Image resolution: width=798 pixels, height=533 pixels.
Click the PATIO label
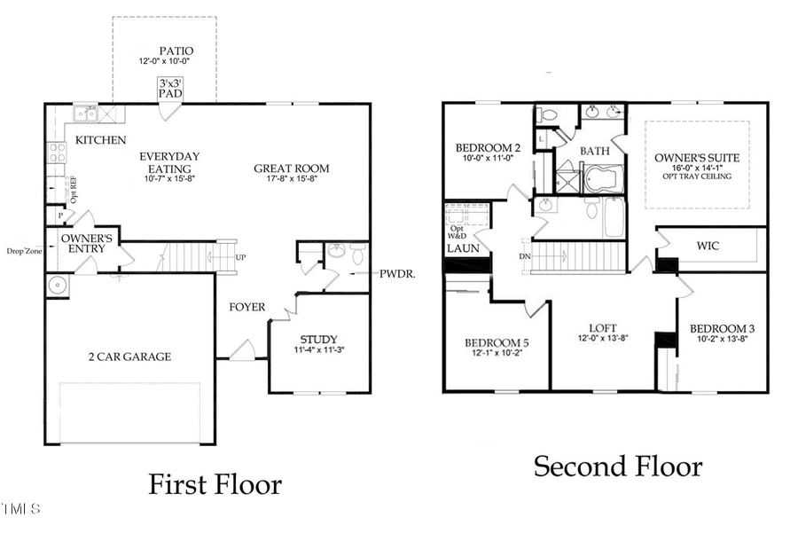click(x=176, y=51)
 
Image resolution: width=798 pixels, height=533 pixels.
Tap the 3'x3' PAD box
click(x=168, y=87)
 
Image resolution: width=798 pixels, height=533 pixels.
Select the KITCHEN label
click(x=100, y=140)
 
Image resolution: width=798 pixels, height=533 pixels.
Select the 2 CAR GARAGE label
click(x=129, y=357)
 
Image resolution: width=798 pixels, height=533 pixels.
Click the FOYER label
click(x=246, y=307)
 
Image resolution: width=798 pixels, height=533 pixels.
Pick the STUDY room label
click(x=317, y=339)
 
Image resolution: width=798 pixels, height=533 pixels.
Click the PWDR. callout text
click(x=398, y=274)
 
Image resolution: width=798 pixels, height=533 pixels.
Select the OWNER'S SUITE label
click(x=697, y=157)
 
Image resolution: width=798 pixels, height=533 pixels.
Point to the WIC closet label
click(x=708, y=245)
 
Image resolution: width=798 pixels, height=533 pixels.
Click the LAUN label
click(x=462, y=249)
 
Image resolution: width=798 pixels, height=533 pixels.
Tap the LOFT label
click(x=603, y=327)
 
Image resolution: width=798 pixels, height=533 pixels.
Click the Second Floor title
click(x=617, y=466)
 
